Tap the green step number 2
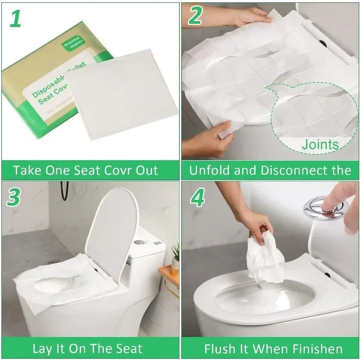[x=195, y=16]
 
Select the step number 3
[x=14, y=197]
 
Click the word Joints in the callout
[x=320, y=144]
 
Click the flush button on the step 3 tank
[x=139, y=242]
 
